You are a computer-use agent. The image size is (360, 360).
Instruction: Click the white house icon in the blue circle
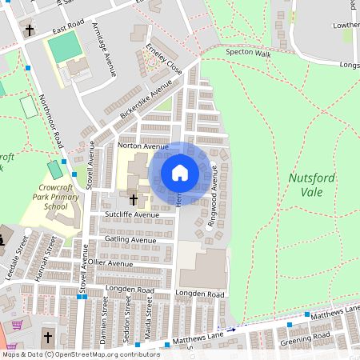click(x=180, y=173)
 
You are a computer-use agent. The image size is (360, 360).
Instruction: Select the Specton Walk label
click(x=249, y=52)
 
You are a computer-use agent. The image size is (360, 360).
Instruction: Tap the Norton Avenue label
click(x=142, y=146)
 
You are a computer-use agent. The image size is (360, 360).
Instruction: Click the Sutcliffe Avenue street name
click(x=131, y=215)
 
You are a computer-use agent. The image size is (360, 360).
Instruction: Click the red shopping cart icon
click(x=17, y=325)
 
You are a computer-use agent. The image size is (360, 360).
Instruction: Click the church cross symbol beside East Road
click(x=30, y=30)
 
